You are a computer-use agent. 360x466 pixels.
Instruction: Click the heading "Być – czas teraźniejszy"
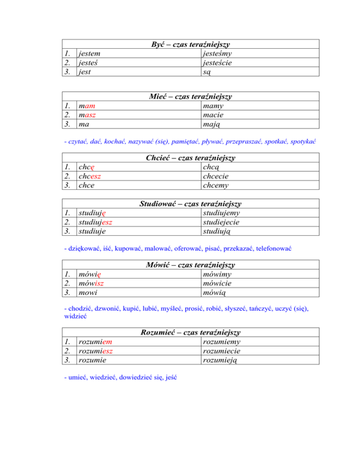pyautogui.click(x=191, y=45)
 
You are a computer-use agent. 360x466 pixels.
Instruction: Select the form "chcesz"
pyautogui.click(x=91, y=176)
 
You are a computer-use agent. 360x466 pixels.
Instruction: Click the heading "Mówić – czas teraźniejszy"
pyautogui.click(x=191, y=265)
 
